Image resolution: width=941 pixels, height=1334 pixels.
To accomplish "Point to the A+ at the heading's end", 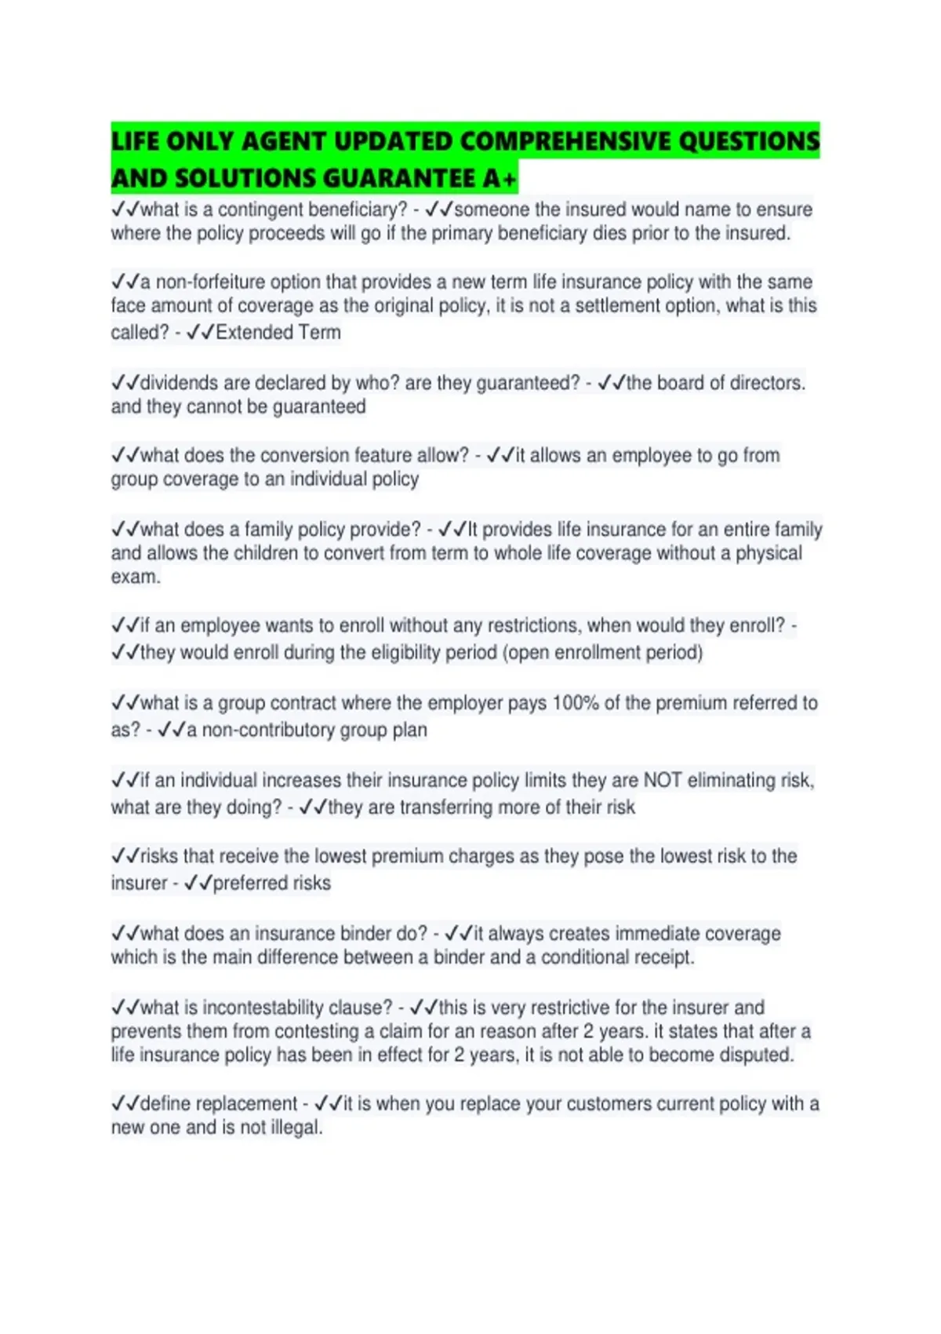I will click(500, 179).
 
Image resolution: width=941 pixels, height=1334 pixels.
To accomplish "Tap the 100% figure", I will click(576, 702).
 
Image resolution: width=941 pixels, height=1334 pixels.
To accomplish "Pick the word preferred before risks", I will click(250, 883).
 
